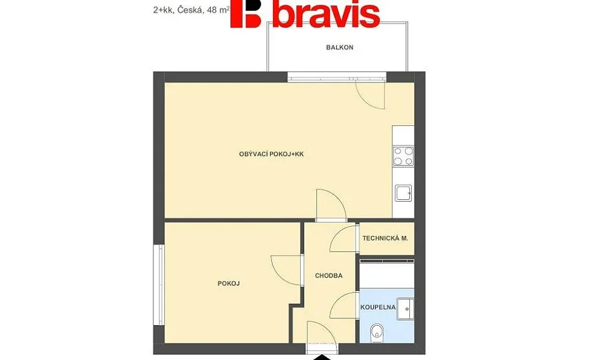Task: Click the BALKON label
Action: pyautogui.click(x=339, y=48)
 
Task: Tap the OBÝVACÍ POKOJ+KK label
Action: pyautogui.click(x=271, y=154)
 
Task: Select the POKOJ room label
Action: pyautogui.click(x=229, y=284)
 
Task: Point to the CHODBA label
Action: pyautogui.click(x=329, y=276)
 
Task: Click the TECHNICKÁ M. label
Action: pyautogui.click(x=385, y=238)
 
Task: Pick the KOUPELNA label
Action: pyautogui.click(x=378, y=307)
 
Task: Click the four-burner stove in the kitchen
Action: pyautogui.click(x=403, y=156)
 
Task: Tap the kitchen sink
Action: pyautogui.click(x=403, y=193)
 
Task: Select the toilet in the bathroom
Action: pyautogui.click(x=376, y=332)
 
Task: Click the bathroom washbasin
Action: pyautogui.click(x=405, y=309)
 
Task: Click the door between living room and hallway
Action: pyautogui.click(x=331, y=205)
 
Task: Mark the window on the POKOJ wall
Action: pyautogui.click(x=159, y=284)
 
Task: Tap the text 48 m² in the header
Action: pyautogui.click(x=218, y=10)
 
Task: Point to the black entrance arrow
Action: pyautogui.click(x=322, y=358)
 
